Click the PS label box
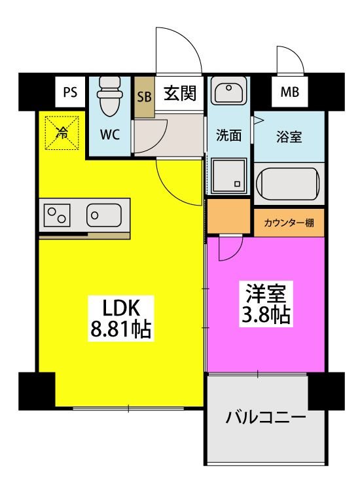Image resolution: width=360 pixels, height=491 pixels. [x=70, y=92]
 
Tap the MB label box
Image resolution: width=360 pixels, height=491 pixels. [x=289, y=92]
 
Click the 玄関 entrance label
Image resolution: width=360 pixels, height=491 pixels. [x=179, y=93]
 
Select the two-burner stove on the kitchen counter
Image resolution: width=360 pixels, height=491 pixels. [x=58, y=215]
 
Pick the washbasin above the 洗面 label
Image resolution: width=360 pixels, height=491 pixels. [x=228, y=94]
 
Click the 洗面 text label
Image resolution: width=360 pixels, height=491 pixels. [x=229, y=136]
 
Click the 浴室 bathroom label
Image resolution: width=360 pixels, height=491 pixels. [x=289, y=137]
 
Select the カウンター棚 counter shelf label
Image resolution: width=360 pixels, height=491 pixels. [x=289, y=223]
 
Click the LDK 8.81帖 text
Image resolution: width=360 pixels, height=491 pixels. [x=120, y=318]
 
